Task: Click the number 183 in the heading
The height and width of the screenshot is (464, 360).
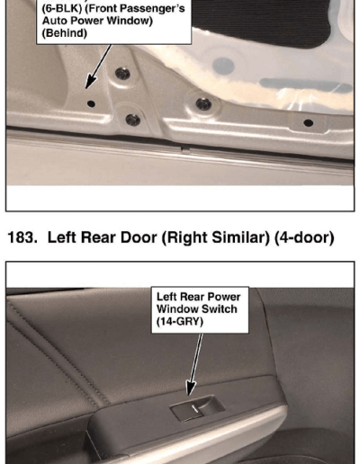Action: coord(22,237)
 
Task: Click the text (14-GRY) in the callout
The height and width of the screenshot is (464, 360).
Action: coord(180,322)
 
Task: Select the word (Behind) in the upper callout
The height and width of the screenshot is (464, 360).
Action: coord(64,33)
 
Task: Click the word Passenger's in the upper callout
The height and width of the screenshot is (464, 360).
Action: coord(160,8)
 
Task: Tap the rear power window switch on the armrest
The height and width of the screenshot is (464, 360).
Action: coord(197,407)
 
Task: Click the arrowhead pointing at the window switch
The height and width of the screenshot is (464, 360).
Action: coord(190,388)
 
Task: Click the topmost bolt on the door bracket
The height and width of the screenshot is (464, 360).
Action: coord(122,73)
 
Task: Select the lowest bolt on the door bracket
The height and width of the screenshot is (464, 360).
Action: coord(133,120)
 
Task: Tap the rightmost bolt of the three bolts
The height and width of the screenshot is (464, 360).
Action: coord(203,104)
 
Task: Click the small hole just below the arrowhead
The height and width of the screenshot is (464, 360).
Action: coord(91,104)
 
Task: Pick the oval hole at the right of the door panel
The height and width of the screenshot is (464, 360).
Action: coord(309,122)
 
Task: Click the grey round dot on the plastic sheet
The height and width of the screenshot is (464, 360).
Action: coord(223,66)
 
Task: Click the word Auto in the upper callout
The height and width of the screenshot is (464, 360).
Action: coord(53,21)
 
